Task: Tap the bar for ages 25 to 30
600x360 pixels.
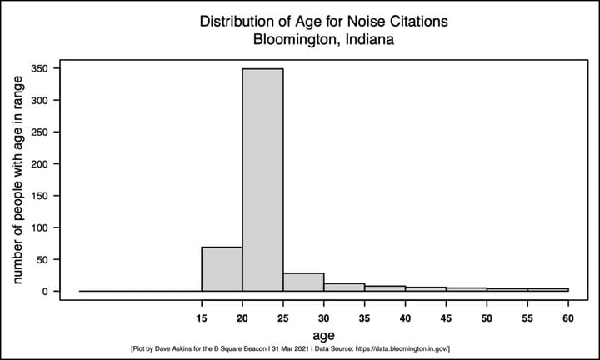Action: (x=303, y=282)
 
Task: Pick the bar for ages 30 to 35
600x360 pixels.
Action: (x=344, y=287)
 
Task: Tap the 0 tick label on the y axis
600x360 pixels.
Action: (x=47, y=292)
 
